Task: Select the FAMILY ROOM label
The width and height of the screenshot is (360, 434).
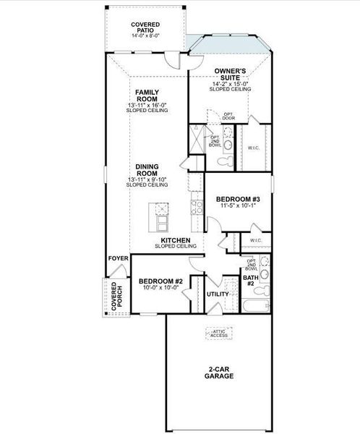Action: click(147, 96)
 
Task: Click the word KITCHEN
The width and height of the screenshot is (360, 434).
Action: click(175, 239)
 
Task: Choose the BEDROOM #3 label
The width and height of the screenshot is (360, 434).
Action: click(238, 198)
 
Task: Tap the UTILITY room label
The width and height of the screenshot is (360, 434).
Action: click(218, 294)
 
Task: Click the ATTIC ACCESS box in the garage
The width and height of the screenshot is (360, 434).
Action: click(218, 333)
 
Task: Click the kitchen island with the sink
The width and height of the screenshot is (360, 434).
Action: click(160, 213)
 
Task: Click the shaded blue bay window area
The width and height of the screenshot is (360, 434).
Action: click(231, 46)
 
